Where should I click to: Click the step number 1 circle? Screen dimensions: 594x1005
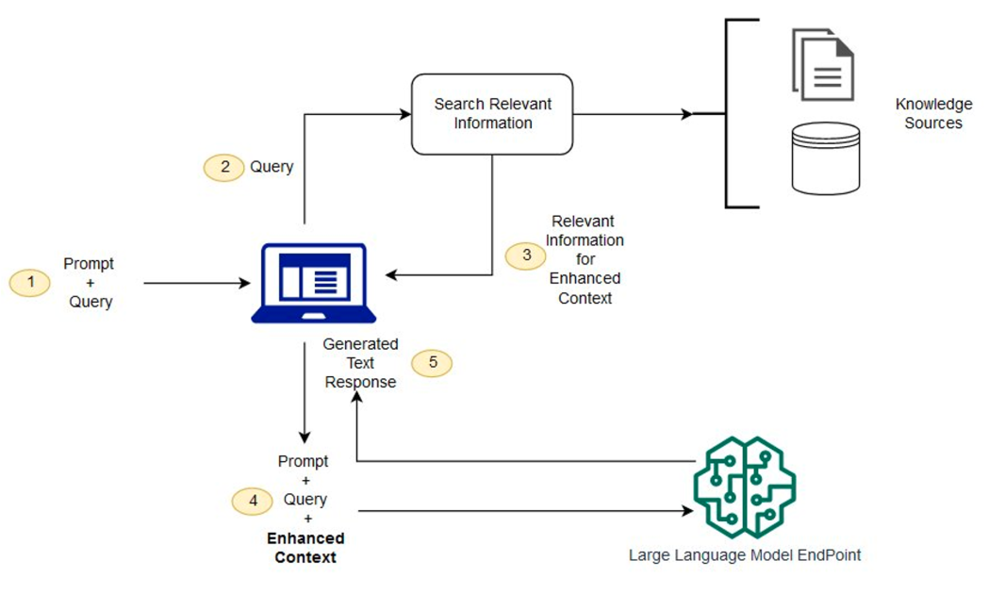pyautogui.click(x=30, y=282)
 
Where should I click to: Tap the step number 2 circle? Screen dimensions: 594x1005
pyautogui.click(x=224, y=167)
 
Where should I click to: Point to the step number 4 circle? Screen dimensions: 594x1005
pyautogui.click(x=253, y=501)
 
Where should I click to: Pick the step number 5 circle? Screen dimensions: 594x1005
pyautogui.click(x=433, y=363)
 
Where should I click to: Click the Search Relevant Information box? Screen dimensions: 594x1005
pyautogui.click(x=492, y=114)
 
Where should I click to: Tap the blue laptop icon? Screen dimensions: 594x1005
pyautogui.click(x=313, y=283)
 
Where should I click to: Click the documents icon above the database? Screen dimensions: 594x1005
pyautogui.click(x=823, y=64)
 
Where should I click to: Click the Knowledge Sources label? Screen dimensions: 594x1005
pyautogui.click(x=933, y=113)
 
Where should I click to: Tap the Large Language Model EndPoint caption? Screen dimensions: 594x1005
pyautogui.click(x=745, y=555)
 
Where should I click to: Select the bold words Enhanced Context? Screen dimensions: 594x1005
pyautogui.click(x=305, y=548)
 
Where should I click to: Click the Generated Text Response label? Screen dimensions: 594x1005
pyautogui.click(x=360, y=363)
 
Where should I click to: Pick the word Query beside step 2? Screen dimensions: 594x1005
pyautogui.click(x=272, y=167)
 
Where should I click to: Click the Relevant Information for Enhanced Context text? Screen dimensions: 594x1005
pyautogui.click(x=584, y=259)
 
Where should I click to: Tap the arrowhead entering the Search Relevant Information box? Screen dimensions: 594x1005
pyautogui.click(x=406, y=114)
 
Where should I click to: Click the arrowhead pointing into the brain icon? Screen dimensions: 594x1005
pyautogui.click(x=685, y=512)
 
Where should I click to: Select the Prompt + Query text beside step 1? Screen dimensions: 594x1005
pyautogui.click(x=90, y=283)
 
